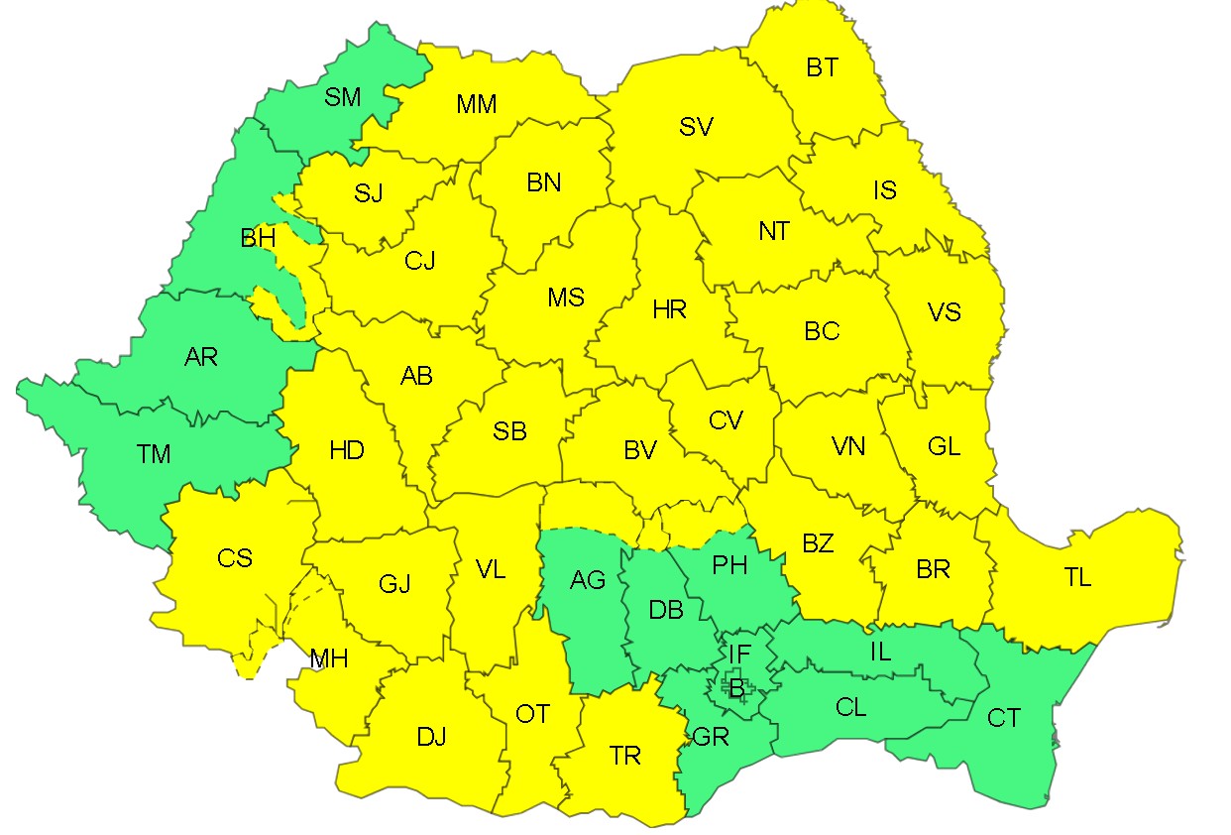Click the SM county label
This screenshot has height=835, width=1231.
(343, 97)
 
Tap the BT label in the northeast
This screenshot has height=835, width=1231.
(822, 67)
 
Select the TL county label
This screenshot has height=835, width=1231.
(1077, 578)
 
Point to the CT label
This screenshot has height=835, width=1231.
(1004, 718)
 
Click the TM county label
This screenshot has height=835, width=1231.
(154, 454)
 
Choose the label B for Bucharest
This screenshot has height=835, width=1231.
(736, 687)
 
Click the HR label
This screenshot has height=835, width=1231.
(670, 310)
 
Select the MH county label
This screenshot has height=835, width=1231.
(328, 658)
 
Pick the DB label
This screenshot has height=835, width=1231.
(666, 610)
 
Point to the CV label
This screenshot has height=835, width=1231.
(726, 420)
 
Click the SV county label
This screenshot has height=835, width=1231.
(697, 127)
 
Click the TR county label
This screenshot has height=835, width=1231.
(625, 757)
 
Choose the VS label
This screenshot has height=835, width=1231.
(945, 312)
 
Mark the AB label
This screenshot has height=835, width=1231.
(416, 376)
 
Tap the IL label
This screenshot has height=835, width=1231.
(880, 652)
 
